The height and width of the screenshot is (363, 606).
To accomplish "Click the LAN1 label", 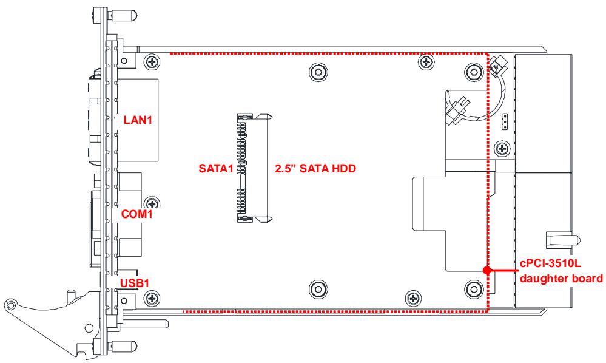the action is [138, 120].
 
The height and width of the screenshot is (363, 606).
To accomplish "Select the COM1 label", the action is [136, 214].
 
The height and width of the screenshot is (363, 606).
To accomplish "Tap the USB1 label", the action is [135, 283].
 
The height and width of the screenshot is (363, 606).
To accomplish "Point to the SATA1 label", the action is [216, 169].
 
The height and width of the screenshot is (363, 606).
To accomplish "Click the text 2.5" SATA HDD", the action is [315, 169].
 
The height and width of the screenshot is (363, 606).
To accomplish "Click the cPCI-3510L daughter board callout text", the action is [561, 271].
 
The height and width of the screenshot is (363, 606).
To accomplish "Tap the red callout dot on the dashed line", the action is [487, 271].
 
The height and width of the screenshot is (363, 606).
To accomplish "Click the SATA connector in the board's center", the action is [254, 168].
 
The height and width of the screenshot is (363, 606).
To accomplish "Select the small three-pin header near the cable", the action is [503, 122].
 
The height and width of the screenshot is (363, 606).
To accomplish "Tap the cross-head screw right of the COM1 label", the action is [153, 203].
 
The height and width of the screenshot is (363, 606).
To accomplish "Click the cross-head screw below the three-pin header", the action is [502, 149].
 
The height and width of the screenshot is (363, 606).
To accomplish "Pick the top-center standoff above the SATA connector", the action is [319, 72].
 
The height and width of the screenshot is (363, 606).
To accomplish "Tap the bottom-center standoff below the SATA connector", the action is [318, 289].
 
